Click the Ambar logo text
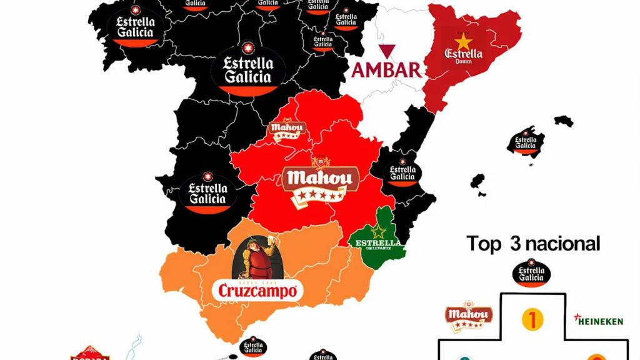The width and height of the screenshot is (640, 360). tap(387, 69)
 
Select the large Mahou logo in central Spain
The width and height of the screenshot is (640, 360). tap(320, 181)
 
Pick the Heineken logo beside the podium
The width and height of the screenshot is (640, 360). tap(599, 321)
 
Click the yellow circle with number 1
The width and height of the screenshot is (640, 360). tap(532, 319)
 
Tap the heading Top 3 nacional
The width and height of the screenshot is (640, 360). tap(533, 243)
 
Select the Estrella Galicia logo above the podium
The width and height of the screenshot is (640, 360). tap(532, 274)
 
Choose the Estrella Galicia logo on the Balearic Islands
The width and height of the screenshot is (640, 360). tap(526, 143)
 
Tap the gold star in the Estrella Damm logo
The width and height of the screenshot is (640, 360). tap(463, 41)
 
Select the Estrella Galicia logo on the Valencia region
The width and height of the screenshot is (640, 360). tap(402, 172)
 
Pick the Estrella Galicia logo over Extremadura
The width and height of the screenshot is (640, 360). tap(207, 191)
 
